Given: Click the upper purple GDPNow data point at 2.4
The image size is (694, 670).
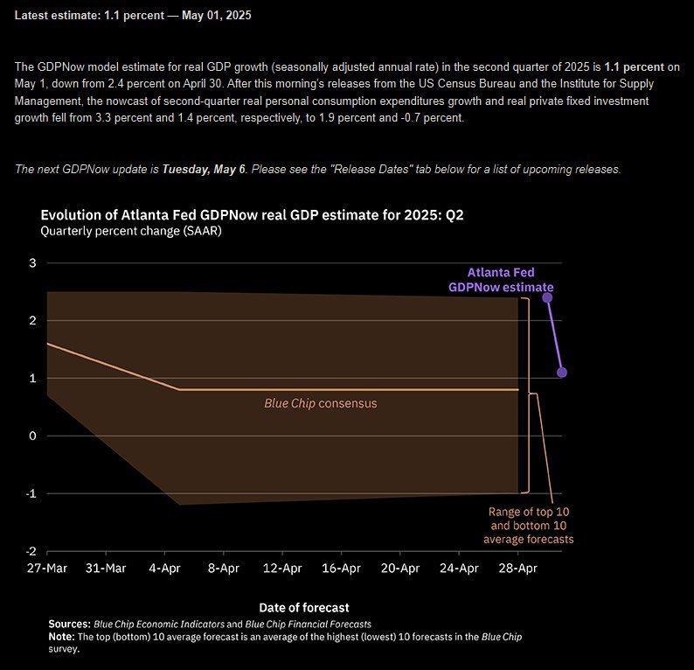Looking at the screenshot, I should pos(547,297).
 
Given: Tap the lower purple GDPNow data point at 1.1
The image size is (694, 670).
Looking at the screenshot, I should pos(562,373).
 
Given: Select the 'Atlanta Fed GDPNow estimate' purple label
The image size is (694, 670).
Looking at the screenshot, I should pos(501,280).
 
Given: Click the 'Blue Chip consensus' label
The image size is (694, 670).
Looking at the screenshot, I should pos(321,404).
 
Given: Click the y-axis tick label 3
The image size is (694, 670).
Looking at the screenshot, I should pos(33,263).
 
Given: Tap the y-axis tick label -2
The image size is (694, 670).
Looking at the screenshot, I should pos(31,551).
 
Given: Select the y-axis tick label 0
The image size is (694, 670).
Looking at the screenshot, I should pos(33,436).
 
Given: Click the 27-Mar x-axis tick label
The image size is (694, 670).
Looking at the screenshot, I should pos(47,569).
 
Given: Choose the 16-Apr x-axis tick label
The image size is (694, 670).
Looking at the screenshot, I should pos(342,569).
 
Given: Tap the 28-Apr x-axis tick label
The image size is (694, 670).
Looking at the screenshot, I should pos(518,569).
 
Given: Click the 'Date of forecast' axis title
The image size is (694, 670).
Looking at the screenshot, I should pos(304,606).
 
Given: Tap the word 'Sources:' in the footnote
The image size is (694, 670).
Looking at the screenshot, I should pos(69,624).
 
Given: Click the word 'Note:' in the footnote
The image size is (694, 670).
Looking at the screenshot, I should pos(61,636).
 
